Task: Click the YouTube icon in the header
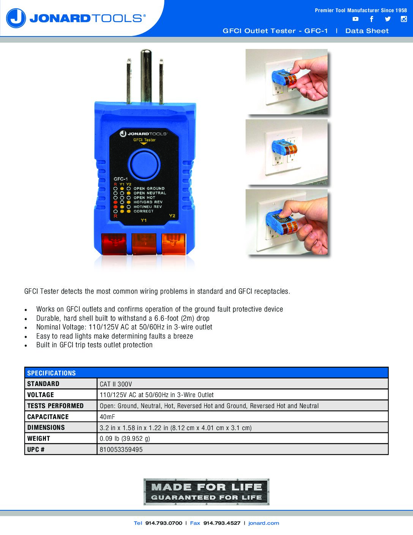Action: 355,19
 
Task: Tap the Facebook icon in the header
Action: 371,19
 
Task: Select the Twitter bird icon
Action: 388,19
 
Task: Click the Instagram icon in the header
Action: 404,19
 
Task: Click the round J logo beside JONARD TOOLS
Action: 16,18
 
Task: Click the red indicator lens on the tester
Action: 114,244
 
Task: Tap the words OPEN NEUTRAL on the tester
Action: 150,193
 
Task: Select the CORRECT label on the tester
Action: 143,211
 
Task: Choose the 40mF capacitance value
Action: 107,417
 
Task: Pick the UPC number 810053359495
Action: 121,450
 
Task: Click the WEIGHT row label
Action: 39,438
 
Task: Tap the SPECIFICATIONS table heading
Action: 51,373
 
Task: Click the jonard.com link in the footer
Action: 264,523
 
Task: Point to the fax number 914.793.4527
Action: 222,523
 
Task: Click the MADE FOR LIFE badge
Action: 206,492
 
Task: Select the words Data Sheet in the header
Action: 367,31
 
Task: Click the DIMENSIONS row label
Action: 46,427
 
